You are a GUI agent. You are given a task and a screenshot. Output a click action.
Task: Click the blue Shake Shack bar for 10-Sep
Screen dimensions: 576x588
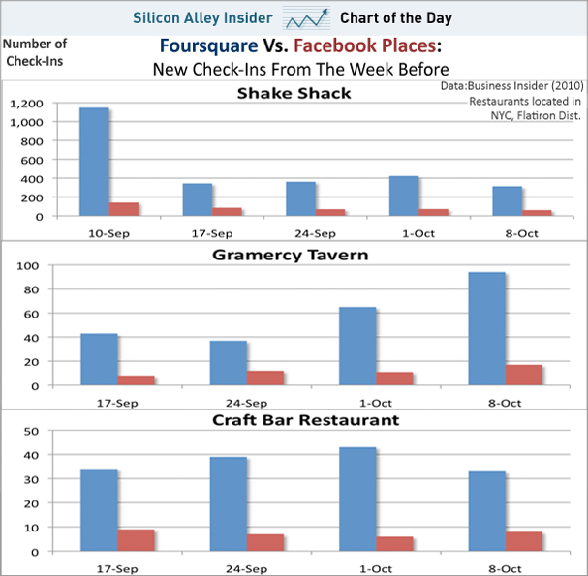[94, 162]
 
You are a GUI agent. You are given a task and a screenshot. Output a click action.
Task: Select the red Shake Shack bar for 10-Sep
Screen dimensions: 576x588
[124, 209]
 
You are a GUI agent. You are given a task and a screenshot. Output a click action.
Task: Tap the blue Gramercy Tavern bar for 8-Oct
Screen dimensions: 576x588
[486, 329]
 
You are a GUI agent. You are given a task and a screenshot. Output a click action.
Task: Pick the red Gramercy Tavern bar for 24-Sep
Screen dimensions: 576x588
[265, 379]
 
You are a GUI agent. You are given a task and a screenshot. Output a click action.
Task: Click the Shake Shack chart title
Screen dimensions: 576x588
[294, 93]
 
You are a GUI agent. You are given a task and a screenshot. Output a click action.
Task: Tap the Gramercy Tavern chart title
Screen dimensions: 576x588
[294, 255]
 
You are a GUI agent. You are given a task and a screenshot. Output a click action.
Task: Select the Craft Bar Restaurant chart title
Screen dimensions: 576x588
[294, 420]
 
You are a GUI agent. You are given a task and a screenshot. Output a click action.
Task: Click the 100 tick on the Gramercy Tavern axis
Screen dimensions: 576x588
[53, 265]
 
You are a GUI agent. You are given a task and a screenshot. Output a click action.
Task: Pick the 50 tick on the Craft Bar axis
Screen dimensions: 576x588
[56, 431]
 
